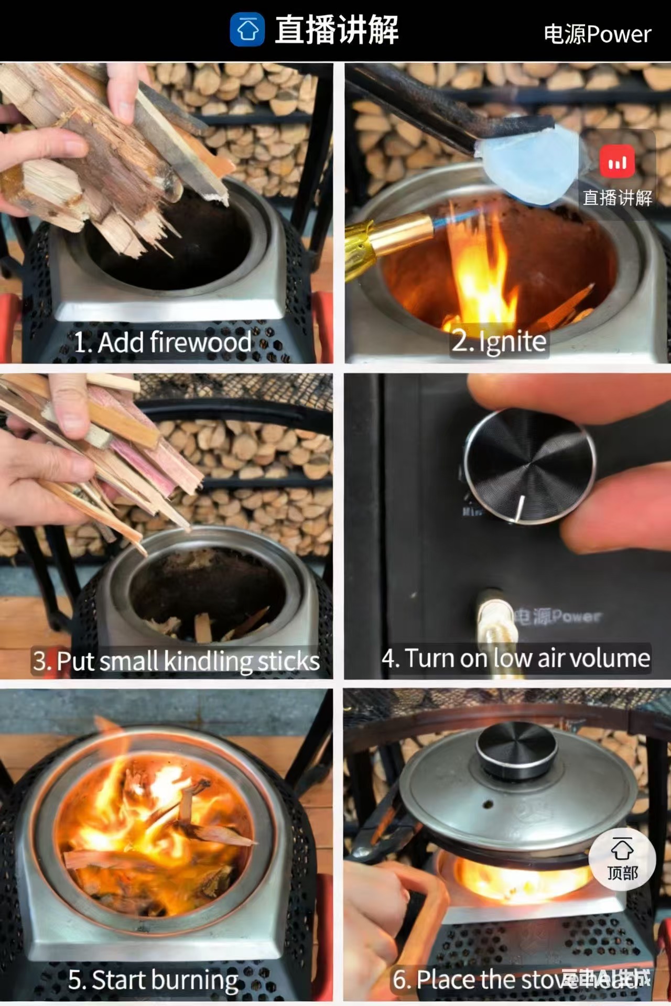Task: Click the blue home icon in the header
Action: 247,29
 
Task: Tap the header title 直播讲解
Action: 337,29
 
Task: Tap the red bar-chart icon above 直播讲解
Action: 617,162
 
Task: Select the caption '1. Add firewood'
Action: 163,342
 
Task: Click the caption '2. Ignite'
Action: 499,341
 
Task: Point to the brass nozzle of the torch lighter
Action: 398,233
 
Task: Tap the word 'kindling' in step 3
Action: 202,661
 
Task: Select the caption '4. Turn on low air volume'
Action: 515,658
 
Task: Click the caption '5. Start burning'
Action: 153,979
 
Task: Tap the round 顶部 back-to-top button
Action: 622,859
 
